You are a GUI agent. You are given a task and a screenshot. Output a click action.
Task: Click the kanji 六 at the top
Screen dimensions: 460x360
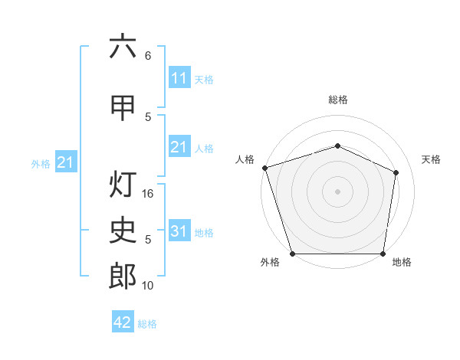click(123, 45)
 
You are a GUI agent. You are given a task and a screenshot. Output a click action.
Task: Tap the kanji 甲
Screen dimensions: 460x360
click(123, 108)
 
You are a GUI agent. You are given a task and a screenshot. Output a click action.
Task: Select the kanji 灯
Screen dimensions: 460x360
click(123, 184)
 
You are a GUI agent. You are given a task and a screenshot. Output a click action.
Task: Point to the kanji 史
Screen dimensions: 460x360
click(123, 230)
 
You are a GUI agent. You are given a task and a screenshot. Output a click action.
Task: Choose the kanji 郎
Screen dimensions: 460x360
click(123, 276)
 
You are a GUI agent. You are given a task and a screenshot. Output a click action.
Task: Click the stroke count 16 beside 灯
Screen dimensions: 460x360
click(147, 194)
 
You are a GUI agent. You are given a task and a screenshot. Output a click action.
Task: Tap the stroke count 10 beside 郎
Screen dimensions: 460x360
click(147, 285)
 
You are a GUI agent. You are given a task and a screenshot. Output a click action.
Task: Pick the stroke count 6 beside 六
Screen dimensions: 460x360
click(148, 56)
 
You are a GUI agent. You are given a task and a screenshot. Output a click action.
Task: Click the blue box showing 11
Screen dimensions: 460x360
click(179, 77)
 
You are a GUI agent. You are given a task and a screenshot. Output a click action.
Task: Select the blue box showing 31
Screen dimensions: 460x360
click(179, 230)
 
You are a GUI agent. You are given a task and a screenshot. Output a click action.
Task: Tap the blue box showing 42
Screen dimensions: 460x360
click(123, 321)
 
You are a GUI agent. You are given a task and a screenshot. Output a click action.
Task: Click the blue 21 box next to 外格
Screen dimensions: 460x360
click(66, 162)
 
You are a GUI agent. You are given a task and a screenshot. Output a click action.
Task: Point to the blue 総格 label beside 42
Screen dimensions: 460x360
click(147, 324)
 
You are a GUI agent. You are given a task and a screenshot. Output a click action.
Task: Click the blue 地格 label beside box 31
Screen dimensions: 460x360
click(204, 233)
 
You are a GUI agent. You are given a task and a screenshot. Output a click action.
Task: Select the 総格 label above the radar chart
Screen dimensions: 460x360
click(338, 100)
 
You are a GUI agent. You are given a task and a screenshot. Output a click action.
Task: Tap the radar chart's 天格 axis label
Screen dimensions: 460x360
click(431, 159)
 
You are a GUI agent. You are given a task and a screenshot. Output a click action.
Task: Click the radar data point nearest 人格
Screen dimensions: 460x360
click(265, 168)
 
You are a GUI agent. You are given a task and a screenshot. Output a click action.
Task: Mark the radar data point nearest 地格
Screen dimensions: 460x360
click(383, 254)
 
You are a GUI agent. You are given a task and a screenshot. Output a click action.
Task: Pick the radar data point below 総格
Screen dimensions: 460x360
click(337, 146)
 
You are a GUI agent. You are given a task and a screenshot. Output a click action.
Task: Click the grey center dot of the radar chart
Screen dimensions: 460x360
click(337, 191)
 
